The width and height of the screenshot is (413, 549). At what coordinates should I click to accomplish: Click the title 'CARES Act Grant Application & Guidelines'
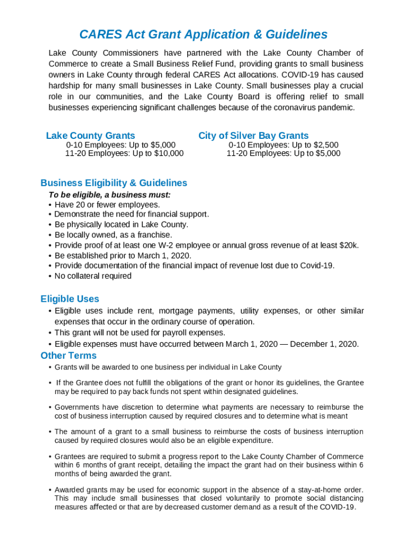click(203, 35)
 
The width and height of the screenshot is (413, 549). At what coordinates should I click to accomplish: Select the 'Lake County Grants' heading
click(91, 136)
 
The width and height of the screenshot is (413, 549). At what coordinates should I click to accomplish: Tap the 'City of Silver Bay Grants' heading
click(253, 136)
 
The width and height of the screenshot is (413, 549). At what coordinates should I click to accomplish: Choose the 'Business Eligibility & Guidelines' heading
click(114, 183)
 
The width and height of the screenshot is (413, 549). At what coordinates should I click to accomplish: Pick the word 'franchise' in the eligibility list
click(154, 235)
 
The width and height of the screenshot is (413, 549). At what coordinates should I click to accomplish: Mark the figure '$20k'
click(349, 245)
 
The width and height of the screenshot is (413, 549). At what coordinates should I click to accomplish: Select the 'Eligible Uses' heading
click(70, 299)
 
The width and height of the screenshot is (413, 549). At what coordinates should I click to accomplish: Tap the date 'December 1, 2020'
click(327, 344)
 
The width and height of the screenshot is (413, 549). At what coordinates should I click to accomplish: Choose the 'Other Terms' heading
click(69, 355)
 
